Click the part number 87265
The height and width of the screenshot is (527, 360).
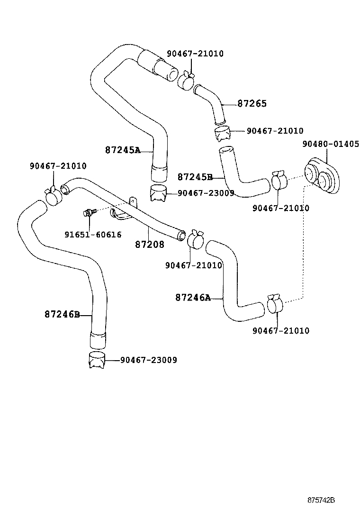(x=252, y=103)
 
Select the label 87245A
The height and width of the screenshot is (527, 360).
(x=123, y=150)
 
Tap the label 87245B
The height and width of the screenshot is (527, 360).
(x=195, y=177)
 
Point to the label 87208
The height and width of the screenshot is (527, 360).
(x=150, y=245)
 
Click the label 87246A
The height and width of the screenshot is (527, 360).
(x=192, y=298)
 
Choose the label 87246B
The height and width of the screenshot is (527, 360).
(x=62, y=314)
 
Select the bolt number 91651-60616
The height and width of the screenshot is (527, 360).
(x=93, y=234)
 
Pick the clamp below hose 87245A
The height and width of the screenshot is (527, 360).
(x=159, y=193)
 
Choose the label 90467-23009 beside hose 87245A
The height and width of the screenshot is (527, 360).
(x=206, y=193)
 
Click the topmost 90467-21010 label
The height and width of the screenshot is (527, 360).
(x=195, y=54)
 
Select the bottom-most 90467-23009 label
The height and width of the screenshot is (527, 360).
(x=148, y=360)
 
